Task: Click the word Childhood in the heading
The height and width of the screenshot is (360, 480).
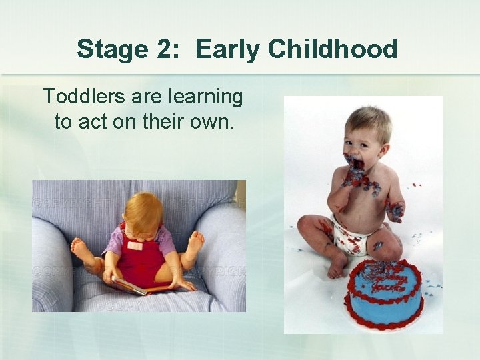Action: [x=334, y=49]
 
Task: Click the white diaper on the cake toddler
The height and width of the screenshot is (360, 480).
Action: [x=349, y=235]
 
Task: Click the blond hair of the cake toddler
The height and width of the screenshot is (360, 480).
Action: [x=369, y=120]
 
